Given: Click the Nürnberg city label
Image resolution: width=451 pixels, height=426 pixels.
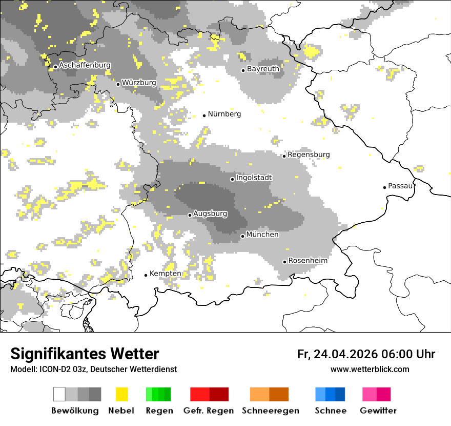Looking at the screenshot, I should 224,114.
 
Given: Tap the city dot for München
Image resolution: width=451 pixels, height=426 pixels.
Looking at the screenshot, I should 242,236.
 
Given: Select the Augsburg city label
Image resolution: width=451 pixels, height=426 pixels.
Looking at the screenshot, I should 210,213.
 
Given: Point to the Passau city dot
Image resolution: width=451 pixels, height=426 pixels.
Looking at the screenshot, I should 384,187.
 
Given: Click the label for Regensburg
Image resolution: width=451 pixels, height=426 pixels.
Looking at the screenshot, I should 309,154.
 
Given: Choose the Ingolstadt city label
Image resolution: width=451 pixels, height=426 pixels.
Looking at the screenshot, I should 254,178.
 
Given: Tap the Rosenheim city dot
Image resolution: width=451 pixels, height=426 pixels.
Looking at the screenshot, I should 284,262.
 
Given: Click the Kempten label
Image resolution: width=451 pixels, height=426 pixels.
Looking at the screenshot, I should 165,274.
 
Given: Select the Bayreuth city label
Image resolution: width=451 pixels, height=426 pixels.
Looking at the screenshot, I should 263,69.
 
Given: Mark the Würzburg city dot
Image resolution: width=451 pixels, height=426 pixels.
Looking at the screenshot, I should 118,84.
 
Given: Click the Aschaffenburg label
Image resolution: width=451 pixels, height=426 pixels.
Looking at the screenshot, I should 85,65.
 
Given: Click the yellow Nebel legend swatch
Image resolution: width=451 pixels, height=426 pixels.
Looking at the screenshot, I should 121,394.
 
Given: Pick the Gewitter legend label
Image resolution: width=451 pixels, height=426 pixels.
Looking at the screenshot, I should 378,411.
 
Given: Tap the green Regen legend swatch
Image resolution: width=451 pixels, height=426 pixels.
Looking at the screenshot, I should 158,394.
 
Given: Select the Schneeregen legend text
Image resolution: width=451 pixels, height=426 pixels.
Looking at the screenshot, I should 270,411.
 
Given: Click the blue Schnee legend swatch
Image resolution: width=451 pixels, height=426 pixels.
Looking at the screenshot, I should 330,394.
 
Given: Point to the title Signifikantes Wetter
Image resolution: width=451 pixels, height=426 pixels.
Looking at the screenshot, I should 85,354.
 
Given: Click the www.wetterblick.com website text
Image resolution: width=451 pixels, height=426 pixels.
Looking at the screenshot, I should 370,369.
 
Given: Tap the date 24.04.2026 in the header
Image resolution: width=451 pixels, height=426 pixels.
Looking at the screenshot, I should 346,354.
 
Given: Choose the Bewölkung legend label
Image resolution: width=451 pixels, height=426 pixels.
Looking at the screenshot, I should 75,411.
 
